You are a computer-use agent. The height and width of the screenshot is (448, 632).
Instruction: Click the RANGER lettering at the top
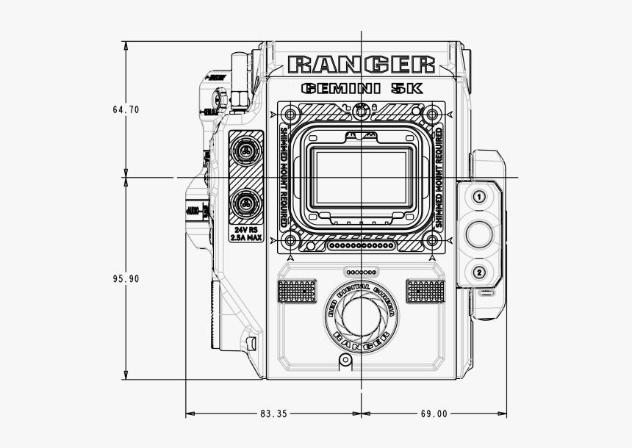(362, 65)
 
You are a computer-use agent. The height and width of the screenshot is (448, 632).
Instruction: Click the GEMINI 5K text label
(362, 89)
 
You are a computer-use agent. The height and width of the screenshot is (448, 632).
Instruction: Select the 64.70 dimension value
(126, 109)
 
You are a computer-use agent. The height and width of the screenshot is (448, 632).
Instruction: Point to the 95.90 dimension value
(126, 279)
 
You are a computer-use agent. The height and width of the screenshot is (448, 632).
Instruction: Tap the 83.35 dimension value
(273, 413)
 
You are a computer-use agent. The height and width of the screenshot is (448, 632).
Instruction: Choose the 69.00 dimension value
(434, 413)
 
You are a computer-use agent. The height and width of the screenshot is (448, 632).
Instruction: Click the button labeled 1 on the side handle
(479, 197)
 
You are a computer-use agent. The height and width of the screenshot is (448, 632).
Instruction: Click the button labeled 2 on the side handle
(479, 273)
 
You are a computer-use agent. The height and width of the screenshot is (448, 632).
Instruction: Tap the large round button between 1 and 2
(479, 234)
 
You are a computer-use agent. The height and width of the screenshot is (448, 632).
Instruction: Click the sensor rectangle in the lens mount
(361, 178)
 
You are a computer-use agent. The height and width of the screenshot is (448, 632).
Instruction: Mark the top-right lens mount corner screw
(432, 114)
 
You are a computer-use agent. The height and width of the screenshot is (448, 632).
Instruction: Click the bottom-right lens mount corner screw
(432, 242)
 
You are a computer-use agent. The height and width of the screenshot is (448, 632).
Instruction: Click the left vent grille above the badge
(297, 291)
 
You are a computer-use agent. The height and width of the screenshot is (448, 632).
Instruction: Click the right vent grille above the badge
(426, 291)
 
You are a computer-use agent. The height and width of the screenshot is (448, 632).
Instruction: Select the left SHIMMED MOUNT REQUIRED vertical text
(284, 176)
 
